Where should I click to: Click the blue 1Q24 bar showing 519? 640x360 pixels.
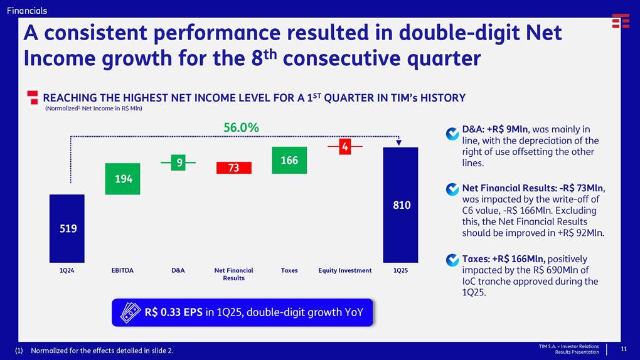(x=67, y=228)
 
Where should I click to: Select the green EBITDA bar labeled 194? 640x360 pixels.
(x=122, y=179)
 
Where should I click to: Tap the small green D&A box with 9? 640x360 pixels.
(x=179, y=163)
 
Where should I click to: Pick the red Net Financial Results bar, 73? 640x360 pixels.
(x=233, y=167)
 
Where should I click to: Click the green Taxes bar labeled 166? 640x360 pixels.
(x=289, y=161)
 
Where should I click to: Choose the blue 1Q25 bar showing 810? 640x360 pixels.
(x=400, y=204)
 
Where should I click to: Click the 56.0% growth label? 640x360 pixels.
(x=241, y=127)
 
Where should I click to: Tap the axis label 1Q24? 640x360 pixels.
(x=67, y=271)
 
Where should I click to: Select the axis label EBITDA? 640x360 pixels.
(x=122, y=271)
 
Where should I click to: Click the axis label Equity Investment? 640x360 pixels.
(x=344, y=271)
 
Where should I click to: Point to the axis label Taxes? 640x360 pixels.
(x=289, y=271)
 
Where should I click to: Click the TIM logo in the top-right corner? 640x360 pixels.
(x=621, y=21)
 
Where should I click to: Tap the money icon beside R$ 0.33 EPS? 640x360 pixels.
(x=130, y=312)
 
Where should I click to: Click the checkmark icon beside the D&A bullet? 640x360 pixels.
(x=452, y=134)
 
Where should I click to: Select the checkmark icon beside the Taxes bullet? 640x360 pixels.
(x=452, y=260)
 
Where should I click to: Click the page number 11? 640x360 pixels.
(x=624, y=349)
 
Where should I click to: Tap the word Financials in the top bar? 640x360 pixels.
(x=27, y=11)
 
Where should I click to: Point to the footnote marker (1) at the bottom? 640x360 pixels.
(x=19, y=351)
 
